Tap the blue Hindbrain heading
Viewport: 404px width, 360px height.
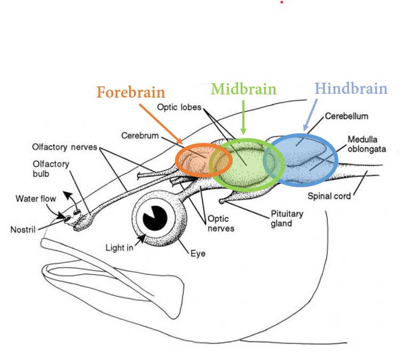(x=351, y=88)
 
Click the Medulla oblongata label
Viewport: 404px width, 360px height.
(x=366, y=145)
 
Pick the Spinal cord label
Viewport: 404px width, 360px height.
(x=329, y=196)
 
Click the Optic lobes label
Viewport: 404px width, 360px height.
(x=179, y=107)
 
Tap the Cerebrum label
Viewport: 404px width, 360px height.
(x=140, y=135)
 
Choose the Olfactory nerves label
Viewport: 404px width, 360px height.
(x=64, y=147)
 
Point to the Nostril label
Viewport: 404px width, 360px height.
(x=23, y=230)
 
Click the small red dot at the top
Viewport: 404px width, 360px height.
(x=282, y=2)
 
